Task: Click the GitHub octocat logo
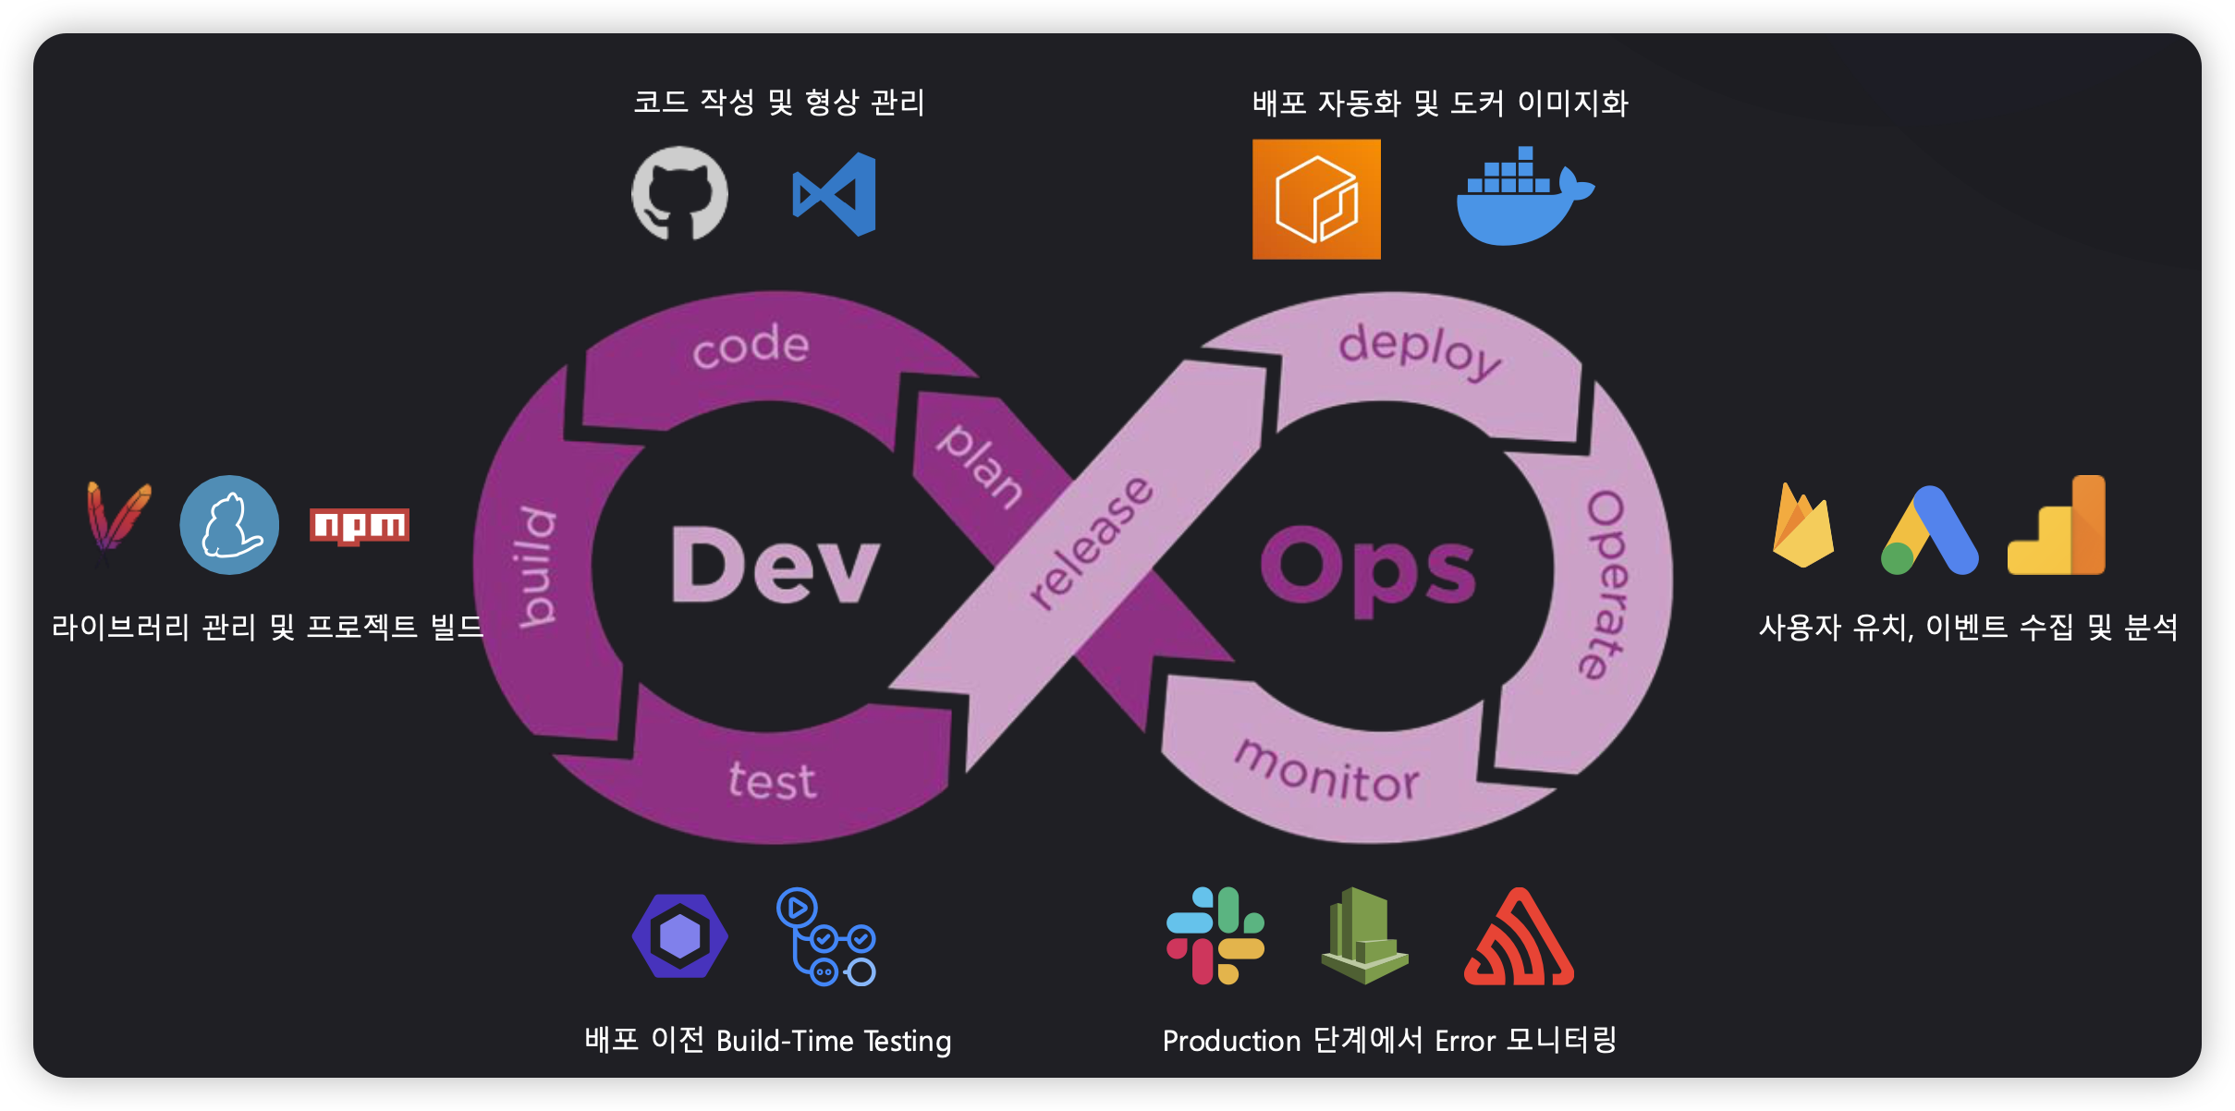[679, 193]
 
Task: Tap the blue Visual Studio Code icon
[835, 194]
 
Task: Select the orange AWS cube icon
[1316, 199]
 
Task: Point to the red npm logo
[359, 526]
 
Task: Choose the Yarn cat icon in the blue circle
[229, 525]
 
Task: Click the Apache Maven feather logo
[117, 519]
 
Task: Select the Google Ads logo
[1930, 531]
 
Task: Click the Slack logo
[1215, 935]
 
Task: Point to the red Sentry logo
[1519, 937]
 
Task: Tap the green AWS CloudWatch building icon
[1364, 935]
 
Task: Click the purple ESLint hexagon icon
[679, 935]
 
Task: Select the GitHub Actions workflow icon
[826, 936]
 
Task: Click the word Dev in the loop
[775, 566]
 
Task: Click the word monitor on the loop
[1327, 773]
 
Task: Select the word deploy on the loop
[1420, 350]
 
